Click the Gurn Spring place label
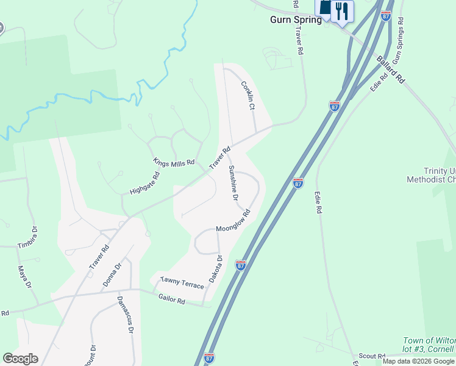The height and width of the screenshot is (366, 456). coord(296,20)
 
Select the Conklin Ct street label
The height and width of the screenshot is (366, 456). coord(248,95)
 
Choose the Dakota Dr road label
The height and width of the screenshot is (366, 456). coord(216,268)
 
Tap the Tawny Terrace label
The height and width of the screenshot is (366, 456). coord(182,283)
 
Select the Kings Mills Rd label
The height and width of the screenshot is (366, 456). coord(174,163)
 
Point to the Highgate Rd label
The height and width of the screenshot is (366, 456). coord(144,183)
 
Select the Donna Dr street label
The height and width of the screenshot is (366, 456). coord(113,274)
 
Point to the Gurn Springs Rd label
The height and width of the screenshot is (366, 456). coord(399,41)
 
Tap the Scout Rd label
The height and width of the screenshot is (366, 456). coord(372,356)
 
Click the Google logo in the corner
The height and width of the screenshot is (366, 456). coord(20,359)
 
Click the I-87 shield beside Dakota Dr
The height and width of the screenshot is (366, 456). coord(241,265)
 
